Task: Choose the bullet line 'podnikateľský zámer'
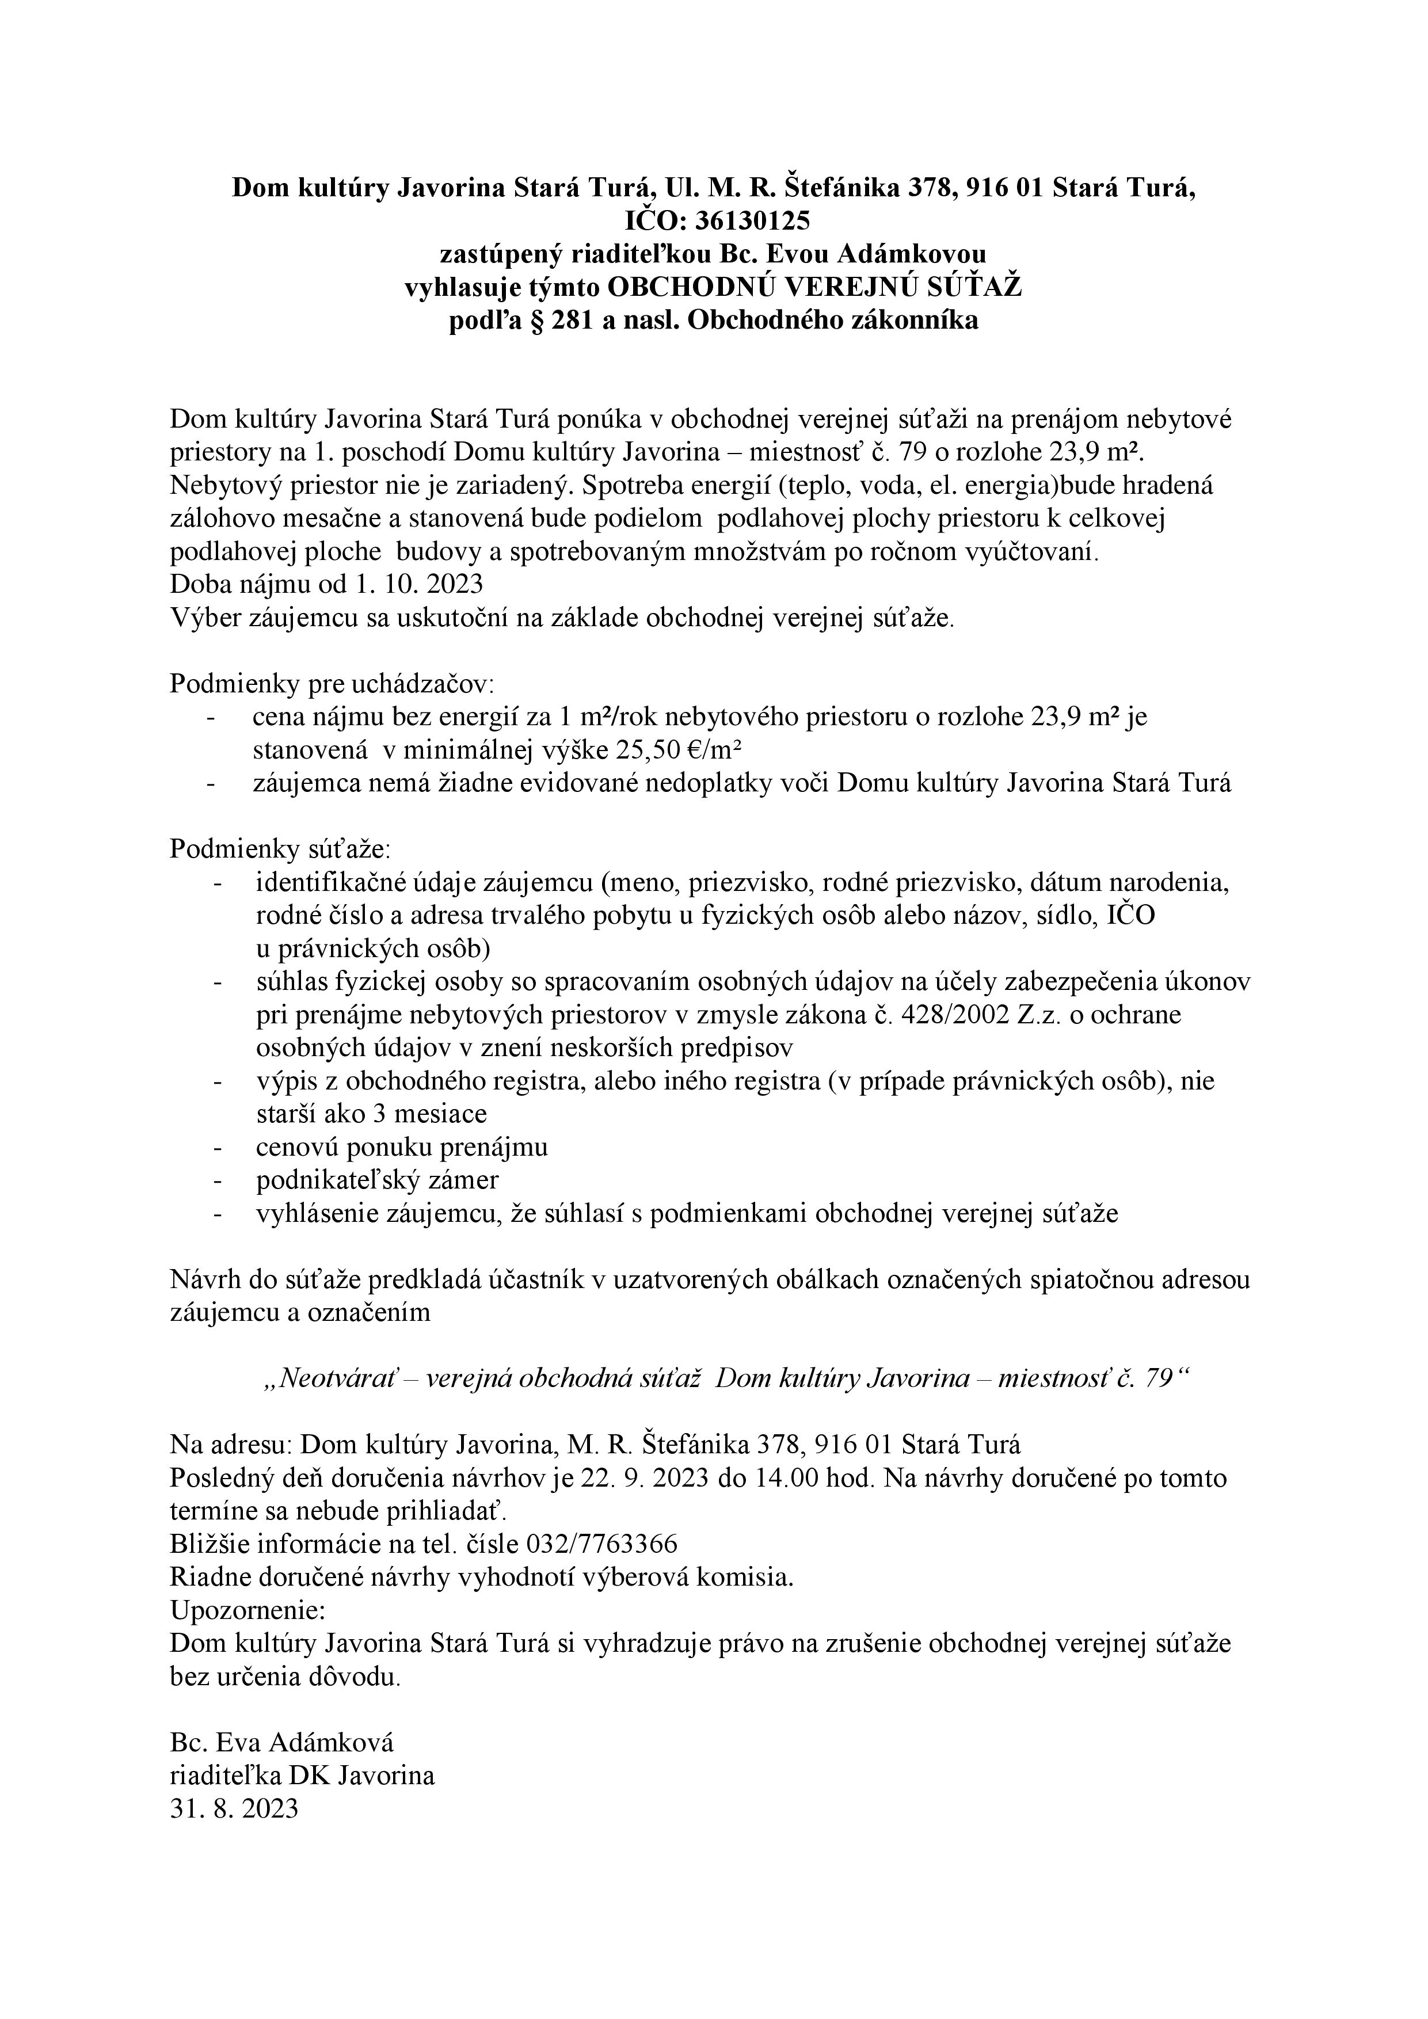pyautogui.click(x=377, y=1180)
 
